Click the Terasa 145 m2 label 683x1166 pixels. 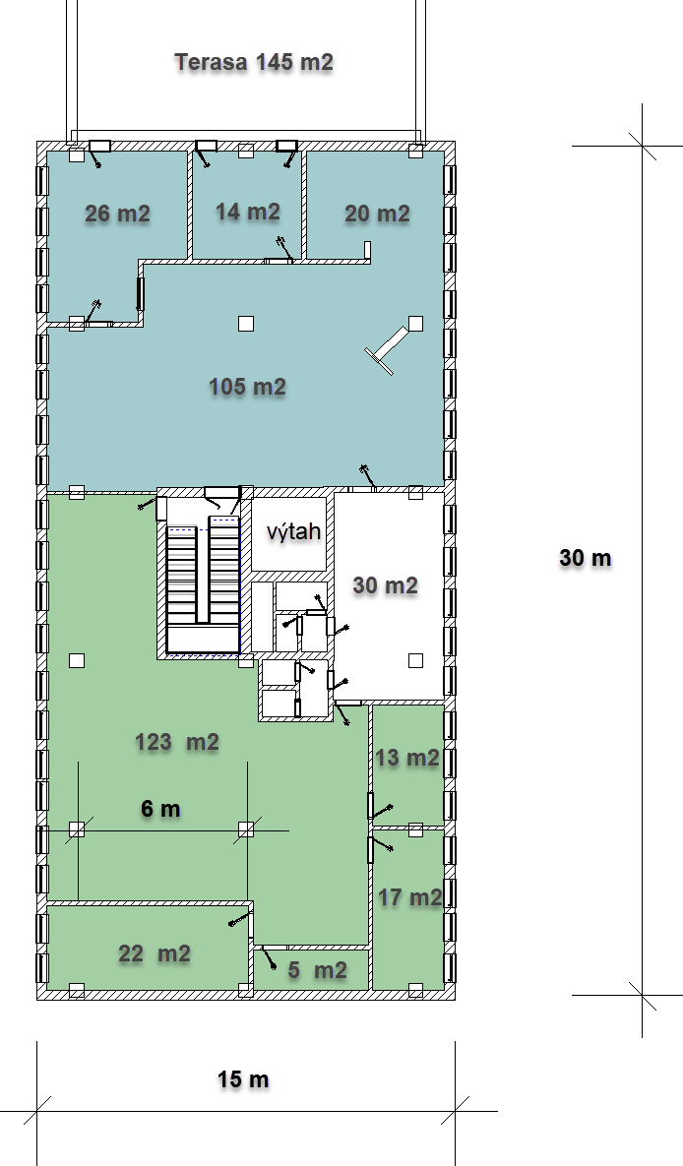click(x=254, y=62)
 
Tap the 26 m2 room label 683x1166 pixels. click(x=117, y=215)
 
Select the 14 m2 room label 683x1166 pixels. click(x=248, y=212)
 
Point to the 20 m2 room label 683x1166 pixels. click(x=377, y=215)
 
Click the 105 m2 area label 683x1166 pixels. click(x=248, y=387)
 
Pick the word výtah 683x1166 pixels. click(x=294, y=531)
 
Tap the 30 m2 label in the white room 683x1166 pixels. click(x=385, y=585)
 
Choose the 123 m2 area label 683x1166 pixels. click(x=177, y=742)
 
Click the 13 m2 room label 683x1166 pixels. click(x=407, y=758)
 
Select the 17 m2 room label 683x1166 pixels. click(x=410, y=897)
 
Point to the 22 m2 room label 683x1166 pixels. click(x=155, y=953)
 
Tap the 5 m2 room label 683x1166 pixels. click(x=318, y=970)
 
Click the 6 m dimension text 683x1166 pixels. click(x=160, y=808)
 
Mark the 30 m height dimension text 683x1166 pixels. click(x=586, y=558)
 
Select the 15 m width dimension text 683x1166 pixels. click(x=243, y=1079)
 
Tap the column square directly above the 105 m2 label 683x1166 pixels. click(x=246, y=324)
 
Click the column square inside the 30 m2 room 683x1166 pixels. click(x=416, y=660)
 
